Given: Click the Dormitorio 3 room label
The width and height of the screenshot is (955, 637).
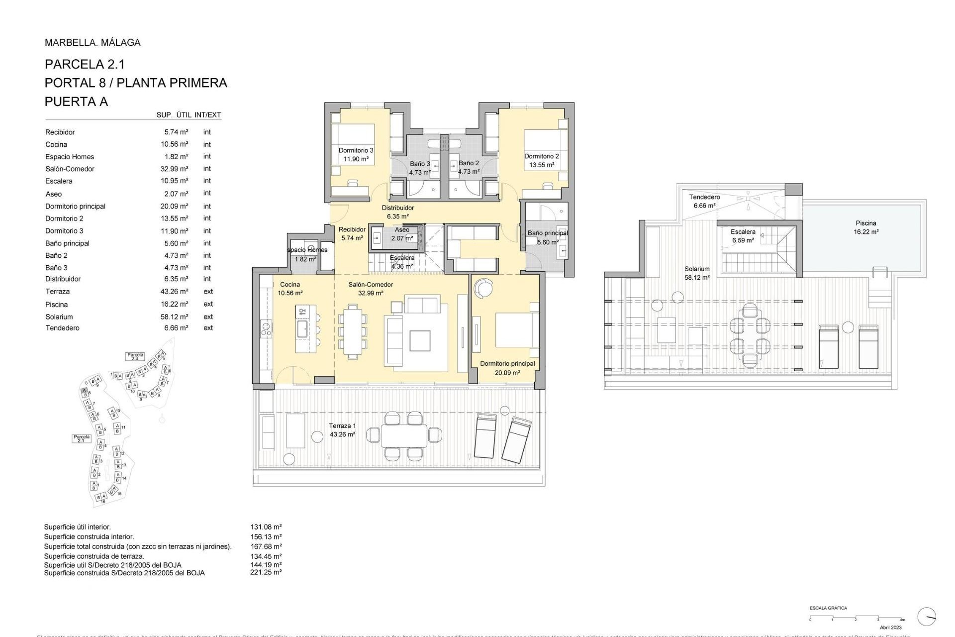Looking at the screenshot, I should click(356, 154).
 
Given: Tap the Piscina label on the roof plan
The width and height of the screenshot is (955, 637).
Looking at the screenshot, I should click(866, 227).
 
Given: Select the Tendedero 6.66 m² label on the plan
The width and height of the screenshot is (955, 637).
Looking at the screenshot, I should click(704, 201).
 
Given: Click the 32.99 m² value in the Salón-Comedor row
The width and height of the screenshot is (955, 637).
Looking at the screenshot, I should click(174, 169).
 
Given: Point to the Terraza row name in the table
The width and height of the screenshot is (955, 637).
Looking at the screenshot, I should click(57, 292).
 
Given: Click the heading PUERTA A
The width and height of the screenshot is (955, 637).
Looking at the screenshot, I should click(76, 102).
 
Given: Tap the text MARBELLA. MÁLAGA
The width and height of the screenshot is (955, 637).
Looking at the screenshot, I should click(93, 42).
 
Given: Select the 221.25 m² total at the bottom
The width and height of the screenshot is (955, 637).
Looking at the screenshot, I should click(266, 572).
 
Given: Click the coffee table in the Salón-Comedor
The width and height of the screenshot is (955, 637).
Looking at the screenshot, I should click(419, 340).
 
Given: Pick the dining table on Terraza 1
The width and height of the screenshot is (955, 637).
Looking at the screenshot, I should click(404, 435).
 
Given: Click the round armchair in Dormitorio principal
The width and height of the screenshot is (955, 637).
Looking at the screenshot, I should click(483, 288).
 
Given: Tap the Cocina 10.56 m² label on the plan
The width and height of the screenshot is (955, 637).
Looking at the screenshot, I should click(290, 289).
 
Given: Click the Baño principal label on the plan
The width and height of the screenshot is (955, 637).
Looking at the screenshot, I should click(547, 237).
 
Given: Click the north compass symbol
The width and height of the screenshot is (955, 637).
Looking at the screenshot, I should click(926, 617).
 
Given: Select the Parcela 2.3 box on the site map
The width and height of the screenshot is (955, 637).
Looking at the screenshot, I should click(135, 356).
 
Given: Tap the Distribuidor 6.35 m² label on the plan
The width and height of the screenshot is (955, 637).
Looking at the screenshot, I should click(397, 212).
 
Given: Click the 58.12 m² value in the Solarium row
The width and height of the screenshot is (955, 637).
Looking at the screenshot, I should click(174, 317).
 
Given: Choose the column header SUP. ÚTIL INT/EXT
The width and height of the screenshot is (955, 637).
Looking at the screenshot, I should click(189, 115).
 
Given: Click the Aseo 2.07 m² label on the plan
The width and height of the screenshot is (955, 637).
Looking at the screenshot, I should click(402, 234).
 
